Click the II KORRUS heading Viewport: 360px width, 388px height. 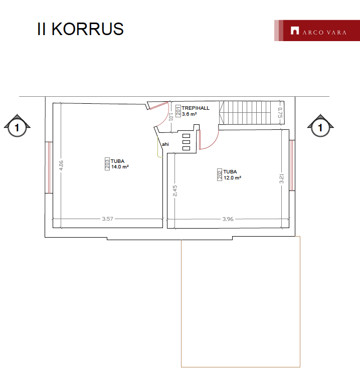(x=80, y=29)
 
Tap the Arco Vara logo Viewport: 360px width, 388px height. (x=317, y=31)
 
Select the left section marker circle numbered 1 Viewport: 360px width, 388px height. (x=17, y=128)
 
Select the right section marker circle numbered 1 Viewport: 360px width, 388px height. (x=320, y=128)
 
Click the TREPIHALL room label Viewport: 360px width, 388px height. (x=196, y=108)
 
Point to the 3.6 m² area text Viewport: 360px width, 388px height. (x=190, y=114)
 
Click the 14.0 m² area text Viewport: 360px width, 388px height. (x=120, y=167)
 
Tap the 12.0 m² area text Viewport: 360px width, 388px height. (x=232, y=177)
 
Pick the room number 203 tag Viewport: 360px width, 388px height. (x=107, y=164)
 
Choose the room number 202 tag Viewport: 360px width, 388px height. (x=220, y=174)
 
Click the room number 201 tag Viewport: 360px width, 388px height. (x=178, y=111)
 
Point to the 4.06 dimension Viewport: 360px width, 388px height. (x=61, y=165)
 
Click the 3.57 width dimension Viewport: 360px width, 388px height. (x=108, y=219)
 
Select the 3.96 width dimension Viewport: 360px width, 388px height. (x=228, y=219)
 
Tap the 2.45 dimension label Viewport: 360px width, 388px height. (x=175, y=191)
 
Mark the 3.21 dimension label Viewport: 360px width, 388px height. (x=282, y=178)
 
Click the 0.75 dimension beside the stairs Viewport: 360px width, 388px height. (x=280, y=113)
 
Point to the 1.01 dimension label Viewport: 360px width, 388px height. (x=170, y=117)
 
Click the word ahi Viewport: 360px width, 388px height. (x=165, y=144)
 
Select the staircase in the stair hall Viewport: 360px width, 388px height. (x=252, y=112)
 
